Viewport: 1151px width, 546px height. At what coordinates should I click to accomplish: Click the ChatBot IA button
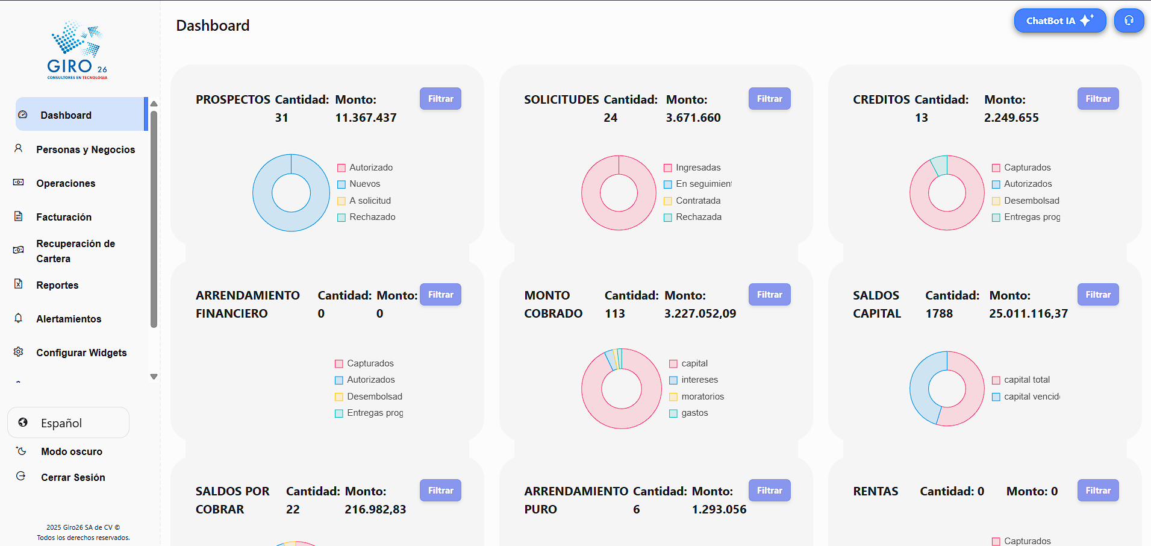pyautogui.click(x=1059, y=20)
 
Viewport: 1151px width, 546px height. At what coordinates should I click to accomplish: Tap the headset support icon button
pyautogui.click(x=1129, y=20)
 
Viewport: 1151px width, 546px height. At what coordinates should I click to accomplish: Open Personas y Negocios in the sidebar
pyautogui.click(x=85, y=149)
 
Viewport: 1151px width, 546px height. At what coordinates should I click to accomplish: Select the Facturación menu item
pyautogui.click(x=64, y=217)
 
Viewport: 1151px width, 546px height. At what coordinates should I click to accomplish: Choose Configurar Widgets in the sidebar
pyautogui.click(x=81, y=353)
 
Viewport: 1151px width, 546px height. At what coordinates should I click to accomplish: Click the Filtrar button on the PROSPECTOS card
pyautogui.click(x=440, y=99)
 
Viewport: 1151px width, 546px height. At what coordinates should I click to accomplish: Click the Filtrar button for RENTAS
pyautogui.click(x=1097, y=491)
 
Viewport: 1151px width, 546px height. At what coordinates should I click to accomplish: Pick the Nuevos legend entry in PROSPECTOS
pyautogui.click(x=364, y=184)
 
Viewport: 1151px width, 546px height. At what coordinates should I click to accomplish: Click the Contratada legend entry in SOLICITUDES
pyautogui.click(x=697, y=201)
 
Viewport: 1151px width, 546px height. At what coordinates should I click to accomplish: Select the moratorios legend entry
pyautogui.click(x=702, y=397)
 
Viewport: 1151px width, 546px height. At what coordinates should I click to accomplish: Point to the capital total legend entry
pyautogui.click(x=1026, y=380)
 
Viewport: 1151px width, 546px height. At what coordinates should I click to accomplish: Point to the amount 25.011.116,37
pyautogui.click(x=1028, y=313)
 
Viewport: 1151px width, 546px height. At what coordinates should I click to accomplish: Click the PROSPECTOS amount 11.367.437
pyautogui.click(x=366, y=118)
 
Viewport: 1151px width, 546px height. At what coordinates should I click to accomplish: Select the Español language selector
pyautogui.click(x=68, y=423)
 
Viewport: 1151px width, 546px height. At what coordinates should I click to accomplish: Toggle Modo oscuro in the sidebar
pyautogui.click(x=71, y=451)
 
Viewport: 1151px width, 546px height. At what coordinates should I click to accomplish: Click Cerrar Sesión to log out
pyautogui.click(x=73, y=477)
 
